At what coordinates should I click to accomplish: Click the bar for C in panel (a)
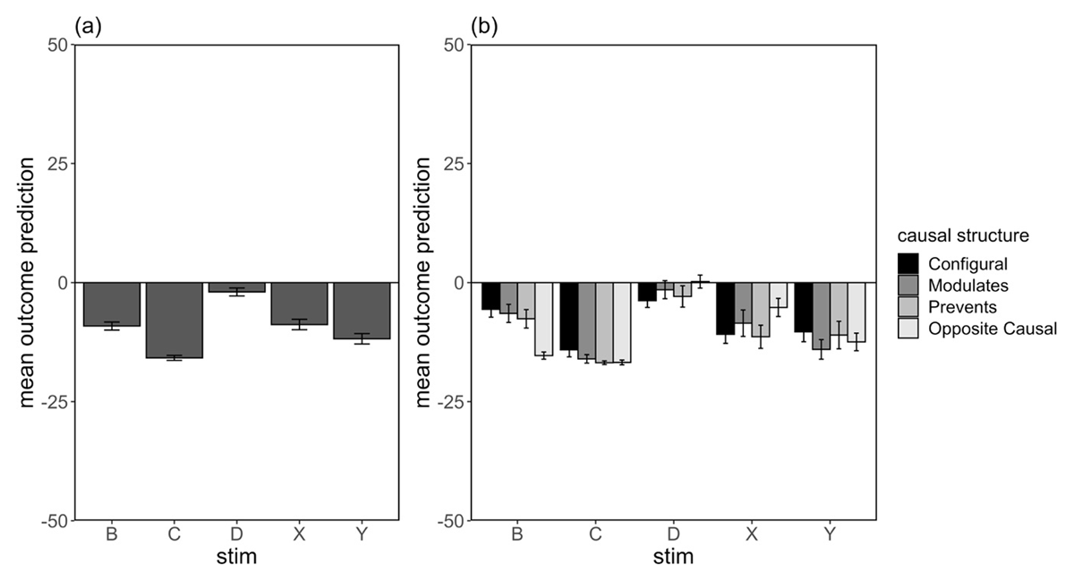[x=175, y=320]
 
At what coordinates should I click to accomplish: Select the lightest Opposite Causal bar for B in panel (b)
[x=543, y=319]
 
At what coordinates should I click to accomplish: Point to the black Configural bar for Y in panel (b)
[x=804, y=307]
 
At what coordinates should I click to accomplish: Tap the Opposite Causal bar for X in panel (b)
[x=778, y=295]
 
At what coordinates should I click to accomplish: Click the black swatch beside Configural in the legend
[x=908, y=264]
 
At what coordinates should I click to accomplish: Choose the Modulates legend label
[x=968, y=286]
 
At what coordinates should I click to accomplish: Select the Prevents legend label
[x=961, y=307]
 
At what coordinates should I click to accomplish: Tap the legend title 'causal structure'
[x=962, y=236]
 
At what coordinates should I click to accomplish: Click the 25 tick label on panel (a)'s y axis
[x=56, y=164]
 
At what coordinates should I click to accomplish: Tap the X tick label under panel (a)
[x=299, y=535]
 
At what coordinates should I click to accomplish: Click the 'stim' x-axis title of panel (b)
[x=672, y=557]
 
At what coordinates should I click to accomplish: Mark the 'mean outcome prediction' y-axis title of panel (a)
[x=27, y=282]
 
